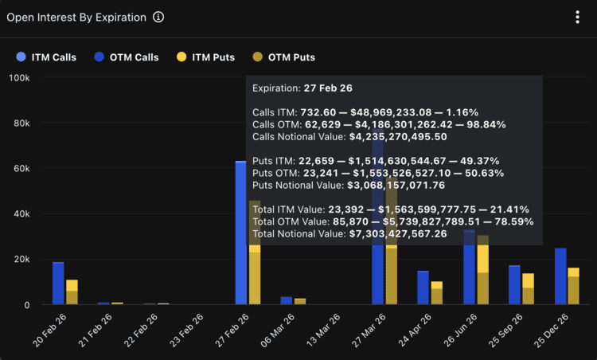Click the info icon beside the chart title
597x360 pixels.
click(x=158, y=18)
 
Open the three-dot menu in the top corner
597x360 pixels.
click(x=577, y=18)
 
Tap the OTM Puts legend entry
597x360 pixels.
click(x=283, y=57)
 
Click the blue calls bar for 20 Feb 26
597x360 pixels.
click(x=58, y=284)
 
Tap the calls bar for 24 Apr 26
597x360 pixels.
click(x=423, y=288)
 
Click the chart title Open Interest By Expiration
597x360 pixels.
click(x=76, y=18)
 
